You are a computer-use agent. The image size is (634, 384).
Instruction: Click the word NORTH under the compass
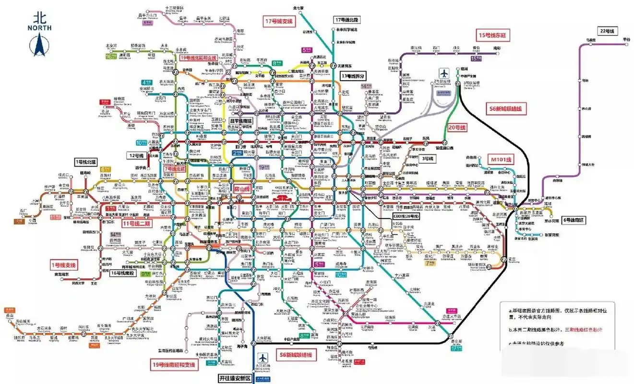40,28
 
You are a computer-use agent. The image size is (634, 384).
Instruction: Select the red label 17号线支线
279,22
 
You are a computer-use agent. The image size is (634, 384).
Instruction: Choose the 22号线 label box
607,31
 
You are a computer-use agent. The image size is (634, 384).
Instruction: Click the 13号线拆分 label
353,76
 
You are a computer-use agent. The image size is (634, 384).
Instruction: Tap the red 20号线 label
456,128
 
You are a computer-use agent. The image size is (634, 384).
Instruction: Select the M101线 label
501,159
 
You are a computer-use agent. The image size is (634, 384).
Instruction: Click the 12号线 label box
136,156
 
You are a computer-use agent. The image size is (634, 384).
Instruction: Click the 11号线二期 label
136,224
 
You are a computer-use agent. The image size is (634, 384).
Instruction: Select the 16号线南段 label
122,273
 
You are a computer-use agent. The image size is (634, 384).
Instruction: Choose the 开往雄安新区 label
235,378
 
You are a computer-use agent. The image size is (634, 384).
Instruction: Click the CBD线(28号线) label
406,216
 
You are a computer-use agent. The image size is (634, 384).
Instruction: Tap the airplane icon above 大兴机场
263,358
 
